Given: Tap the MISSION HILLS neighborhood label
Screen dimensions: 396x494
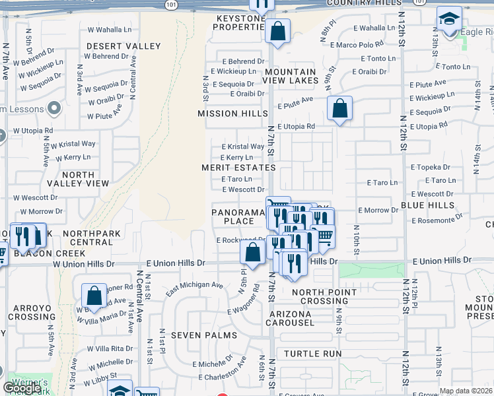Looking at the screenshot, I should pos(227,114).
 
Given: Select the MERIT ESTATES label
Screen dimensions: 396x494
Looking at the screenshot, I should pos(238,168).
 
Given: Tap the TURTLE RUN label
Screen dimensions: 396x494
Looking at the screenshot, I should pos(319,354).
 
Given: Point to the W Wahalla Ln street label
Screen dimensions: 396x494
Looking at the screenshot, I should pos(110,30).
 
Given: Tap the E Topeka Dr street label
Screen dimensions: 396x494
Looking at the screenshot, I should pos(430,168).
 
